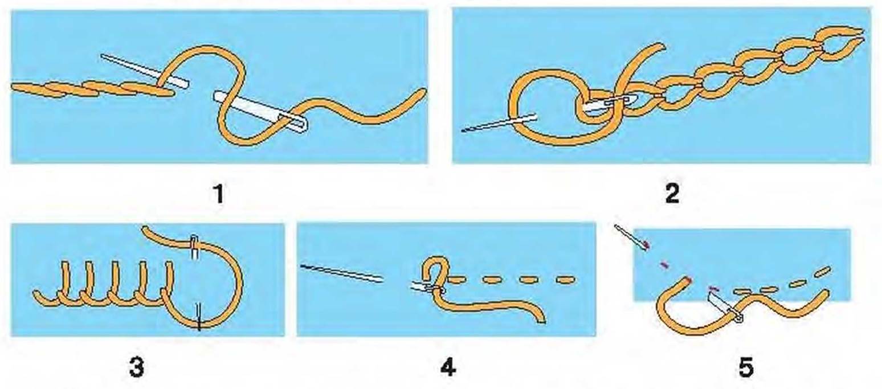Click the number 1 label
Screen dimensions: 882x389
click(x=219, y=194)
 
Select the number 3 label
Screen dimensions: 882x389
click(x=136, y=368)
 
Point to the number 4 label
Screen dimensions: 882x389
click(x=448, y=368)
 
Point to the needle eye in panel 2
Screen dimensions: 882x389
click(x=614, y=101)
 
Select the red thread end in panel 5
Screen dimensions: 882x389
click(x=688, y=280)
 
